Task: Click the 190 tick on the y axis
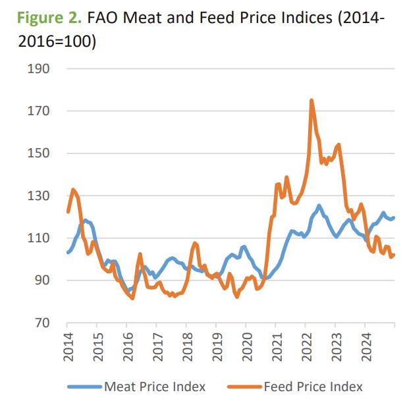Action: (x=40, y=68)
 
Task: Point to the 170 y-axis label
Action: (x=40, y=111)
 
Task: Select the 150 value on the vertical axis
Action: (x=40, y=153)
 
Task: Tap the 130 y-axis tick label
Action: (x=40, y=196)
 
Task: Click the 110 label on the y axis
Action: (x=40, y=238)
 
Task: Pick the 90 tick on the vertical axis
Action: (x=43, y=281)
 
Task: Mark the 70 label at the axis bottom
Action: (x=43, y=323)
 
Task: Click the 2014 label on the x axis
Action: (x=68, y=345)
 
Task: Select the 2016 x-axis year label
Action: (x=127, y=345)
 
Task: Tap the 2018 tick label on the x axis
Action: (x=186, y=345)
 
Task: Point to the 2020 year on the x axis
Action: (x=246, y=345)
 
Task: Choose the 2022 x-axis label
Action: (x=305, y=345)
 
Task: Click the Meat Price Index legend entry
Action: (x=155, y=387)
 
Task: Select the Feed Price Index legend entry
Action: (x=313, y=387)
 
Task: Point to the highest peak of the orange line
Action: (x=311, y=100)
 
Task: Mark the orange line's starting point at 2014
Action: (x=68, y=211)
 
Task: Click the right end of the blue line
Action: (x=394, y=218)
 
